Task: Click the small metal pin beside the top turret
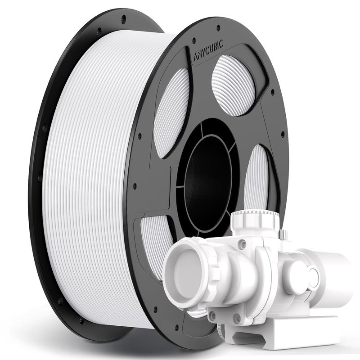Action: click(283, 234)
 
